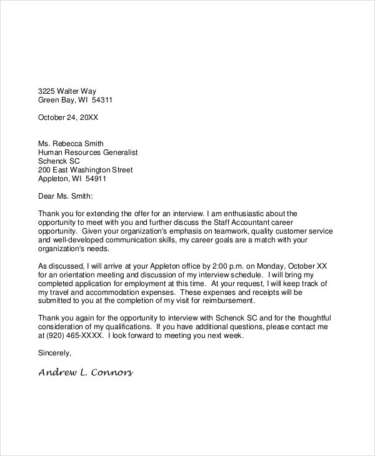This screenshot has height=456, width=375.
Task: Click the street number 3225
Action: pos(47,91)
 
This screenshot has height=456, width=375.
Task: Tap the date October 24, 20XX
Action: pos(69,117)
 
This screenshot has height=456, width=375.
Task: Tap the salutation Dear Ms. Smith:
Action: pos(66,196)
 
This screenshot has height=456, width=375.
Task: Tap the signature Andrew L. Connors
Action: pos(86,373)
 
